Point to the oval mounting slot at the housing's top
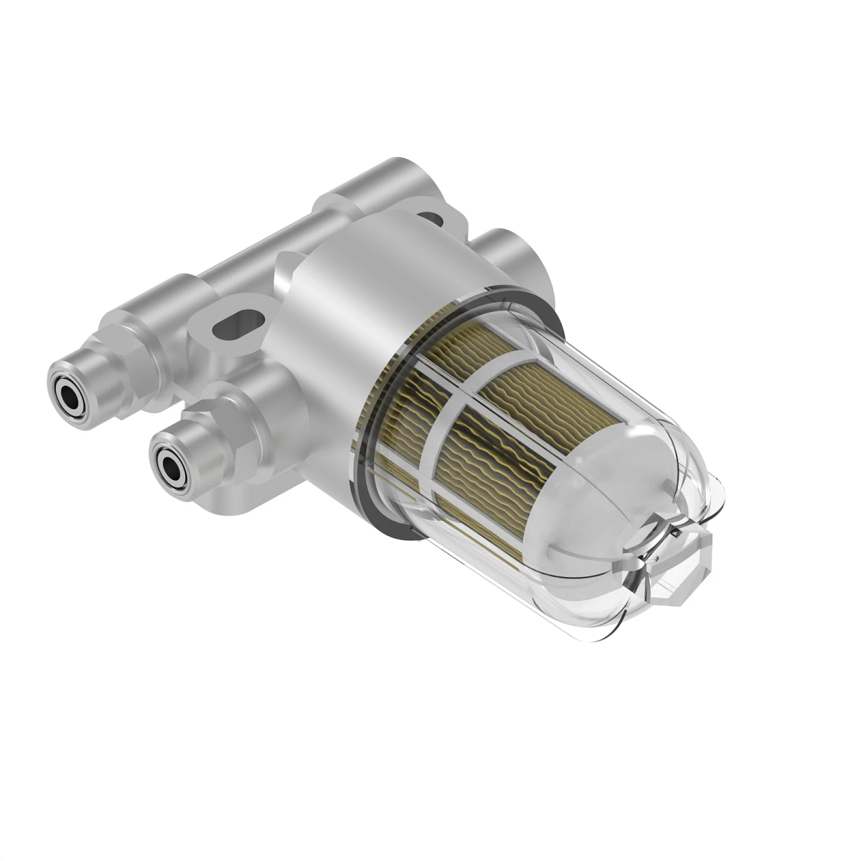click(x=431, y=216)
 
